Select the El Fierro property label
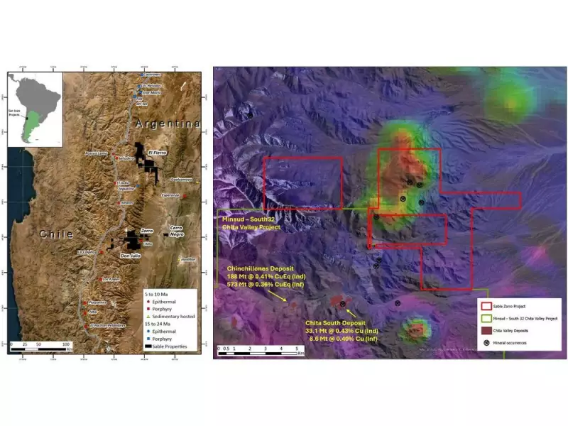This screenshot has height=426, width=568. (x=158, y=152)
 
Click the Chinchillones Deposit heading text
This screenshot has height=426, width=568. (x=258, y=268)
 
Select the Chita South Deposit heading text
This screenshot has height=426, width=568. (x=337, y=323)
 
